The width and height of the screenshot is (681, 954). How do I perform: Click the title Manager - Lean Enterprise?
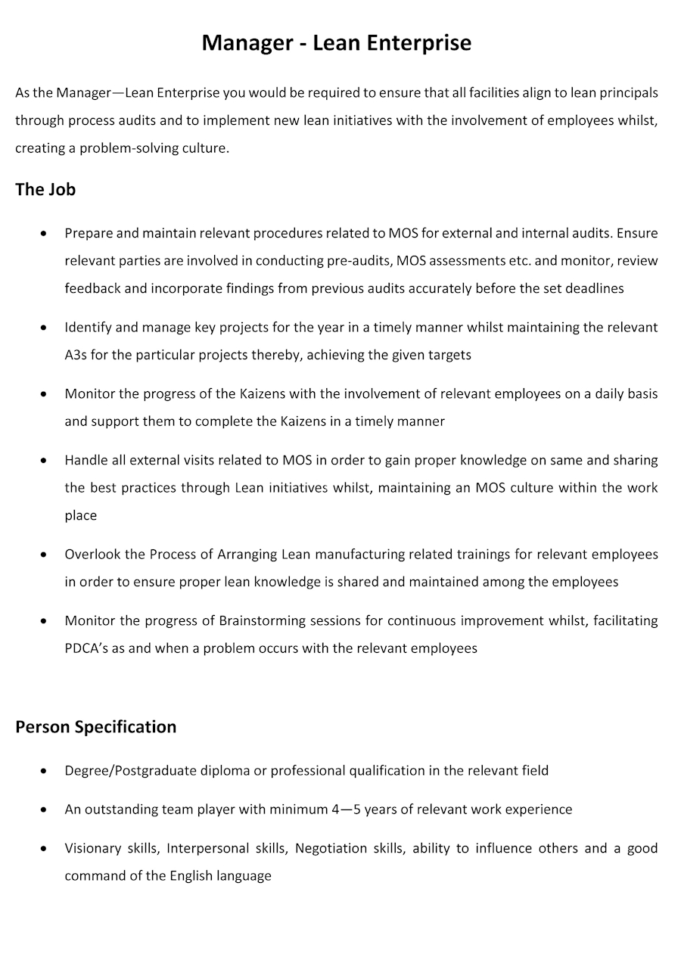[x=336, y=43]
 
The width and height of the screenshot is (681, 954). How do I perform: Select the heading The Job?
[x=45, y=189]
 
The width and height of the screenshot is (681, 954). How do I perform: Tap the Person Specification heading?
[x=95, y=726]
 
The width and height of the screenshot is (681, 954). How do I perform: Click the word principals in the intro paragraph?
[x=629, y=93]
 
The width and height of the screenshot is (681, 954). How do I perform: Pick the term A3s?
[x=76, y=355]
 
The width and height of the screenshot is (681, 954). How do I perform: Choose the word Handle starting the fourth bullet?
[x=86, y=460]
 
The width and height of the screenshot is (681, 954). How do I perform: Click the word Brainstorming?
[x=261, y=621]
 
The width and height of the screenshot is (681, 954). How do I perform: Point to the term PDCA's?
[x=86, y=648]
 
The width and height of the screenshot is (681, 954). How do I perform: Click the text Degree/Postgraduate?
[x=130, y=771]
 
